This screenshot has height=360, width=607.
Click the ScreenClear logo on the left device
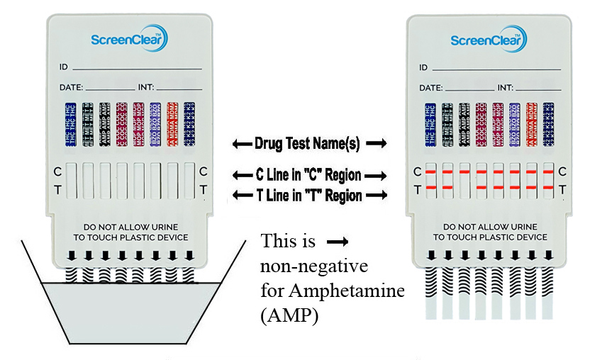point(129,40)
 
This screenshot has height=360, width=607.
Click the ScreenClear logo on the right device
point(489,40)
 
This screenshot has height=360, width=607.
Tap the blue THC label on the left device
point(69,125)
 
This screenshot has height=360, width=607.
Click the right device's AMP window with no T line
point(464,180)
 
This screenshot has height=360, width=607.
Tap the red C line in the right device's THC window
point(430,171)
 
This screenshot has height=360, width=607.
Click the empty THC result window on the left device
point(69,180)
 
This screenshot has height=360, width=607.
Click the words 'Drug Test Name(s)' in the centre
point(307,144)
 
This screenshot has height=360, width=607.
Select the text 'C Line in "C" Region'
point(307,175)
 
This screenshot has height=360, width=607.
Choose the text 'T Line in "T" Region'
point(307,195)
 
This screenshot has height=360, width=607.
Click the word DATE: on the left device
point(72,89)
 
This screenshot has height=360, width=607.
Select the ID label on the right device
point(423,68)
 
